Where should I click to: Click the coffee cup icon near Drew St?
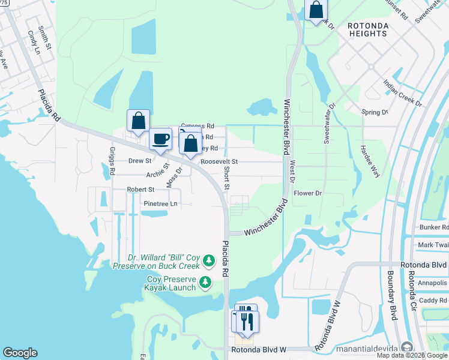click(x=160, y=139)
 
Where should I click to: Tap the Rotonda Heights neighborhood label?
click(x=367, y=29)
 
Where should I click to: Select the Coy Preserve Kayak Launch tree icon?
click(x=205, y=282)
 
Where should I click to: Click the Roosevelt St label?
click(x=219, y=162)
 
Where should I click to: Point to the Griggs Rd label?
click(x=112, y=161)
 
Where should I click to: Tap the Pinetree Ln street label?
click(x=160, y=204)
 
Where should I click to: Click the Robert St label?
click(x=140, y=190)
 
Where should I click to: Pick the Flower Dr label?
click(x=309, y=193)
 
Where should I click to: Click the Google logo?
click(x=20, y=353)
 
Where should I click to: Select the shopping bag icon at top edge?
click(x=315, y=10)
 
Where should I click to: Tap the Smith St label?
click(x=42, y=37)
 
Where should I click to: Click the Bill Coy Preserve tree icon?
click(x=208, y=260)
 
